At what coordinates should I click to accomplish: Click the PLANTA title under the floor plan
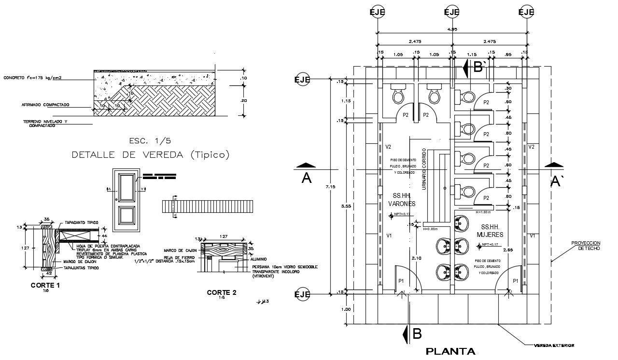pos(450,351)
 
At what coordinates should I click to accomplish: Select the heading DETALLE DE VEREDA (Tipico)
pos(150,155)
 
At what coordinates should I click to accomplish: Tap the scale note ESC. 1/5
pos(150,141)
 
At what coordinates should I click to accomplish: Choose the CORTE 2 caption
pos(222,292)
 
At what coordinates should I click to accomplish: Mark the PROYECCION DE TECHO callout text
pos(585,245)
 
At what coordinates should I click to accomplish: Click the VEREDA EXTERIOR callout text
pos(553,346)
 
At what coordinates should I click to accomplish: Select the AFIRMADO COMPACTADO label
pos(45,105)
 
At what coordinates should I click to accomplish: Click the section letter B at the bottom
pos(417,333)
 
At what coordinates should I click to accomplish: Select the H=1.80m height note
pos(483,212)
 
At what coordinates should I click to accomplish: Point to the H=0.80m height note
pos(431,229)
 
